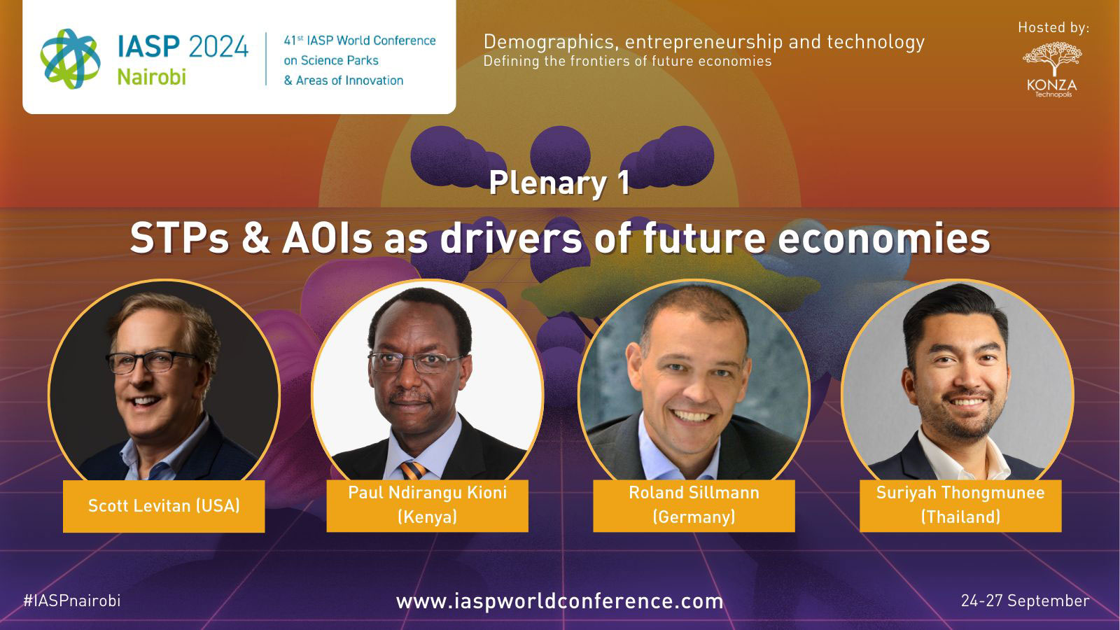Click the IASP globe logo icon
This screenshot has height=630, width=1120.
click(x=71, y=59)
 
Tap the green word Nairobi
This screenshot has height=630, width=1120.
click(x=151, y=77)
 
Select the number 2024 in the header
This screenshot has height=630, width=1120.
click(x=218, y=46)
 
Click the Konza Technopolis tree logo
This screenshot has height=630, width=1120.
click(x=1052, y=69)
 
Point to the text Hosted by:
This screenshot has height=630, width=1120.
click(x=1053, y=27)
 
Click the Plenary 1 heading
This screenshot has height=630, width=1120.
click(x=559, y=183)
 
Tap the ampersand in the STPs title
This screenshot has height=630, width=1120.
click(x=256, y=238)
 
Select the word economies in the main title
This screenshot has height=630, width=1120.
click(x=884, y=238)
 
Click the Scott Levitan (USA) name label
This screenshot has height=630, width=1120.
click(x=164, y=506)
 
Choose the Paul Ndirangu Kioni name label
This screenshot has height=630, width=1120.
click(x=428, y=505)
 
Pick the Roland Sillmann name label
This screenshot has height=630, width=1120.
click(x=694, y=505)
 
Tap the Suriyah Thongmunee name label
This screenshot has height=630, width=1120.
click(x=960, y=505)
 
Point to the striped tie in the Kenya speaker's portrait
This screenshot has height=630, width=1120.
click(x=413, y=470)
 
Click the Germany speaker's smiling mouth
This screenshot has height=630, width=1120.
click(x=691, y=416)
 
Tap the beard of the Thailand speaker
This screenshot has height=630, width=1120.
click(x=965, y=415)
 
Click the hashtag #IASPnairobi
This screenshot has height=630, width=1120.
click(x=72, y=601)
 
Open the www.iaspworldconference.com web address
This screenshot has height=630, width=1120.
click(x=559, y=601)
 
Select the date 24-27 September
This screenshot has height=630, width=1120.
click(x=1025, y=601)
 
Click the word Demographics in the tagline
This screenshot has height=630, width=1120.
click(x=551, y=43)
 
